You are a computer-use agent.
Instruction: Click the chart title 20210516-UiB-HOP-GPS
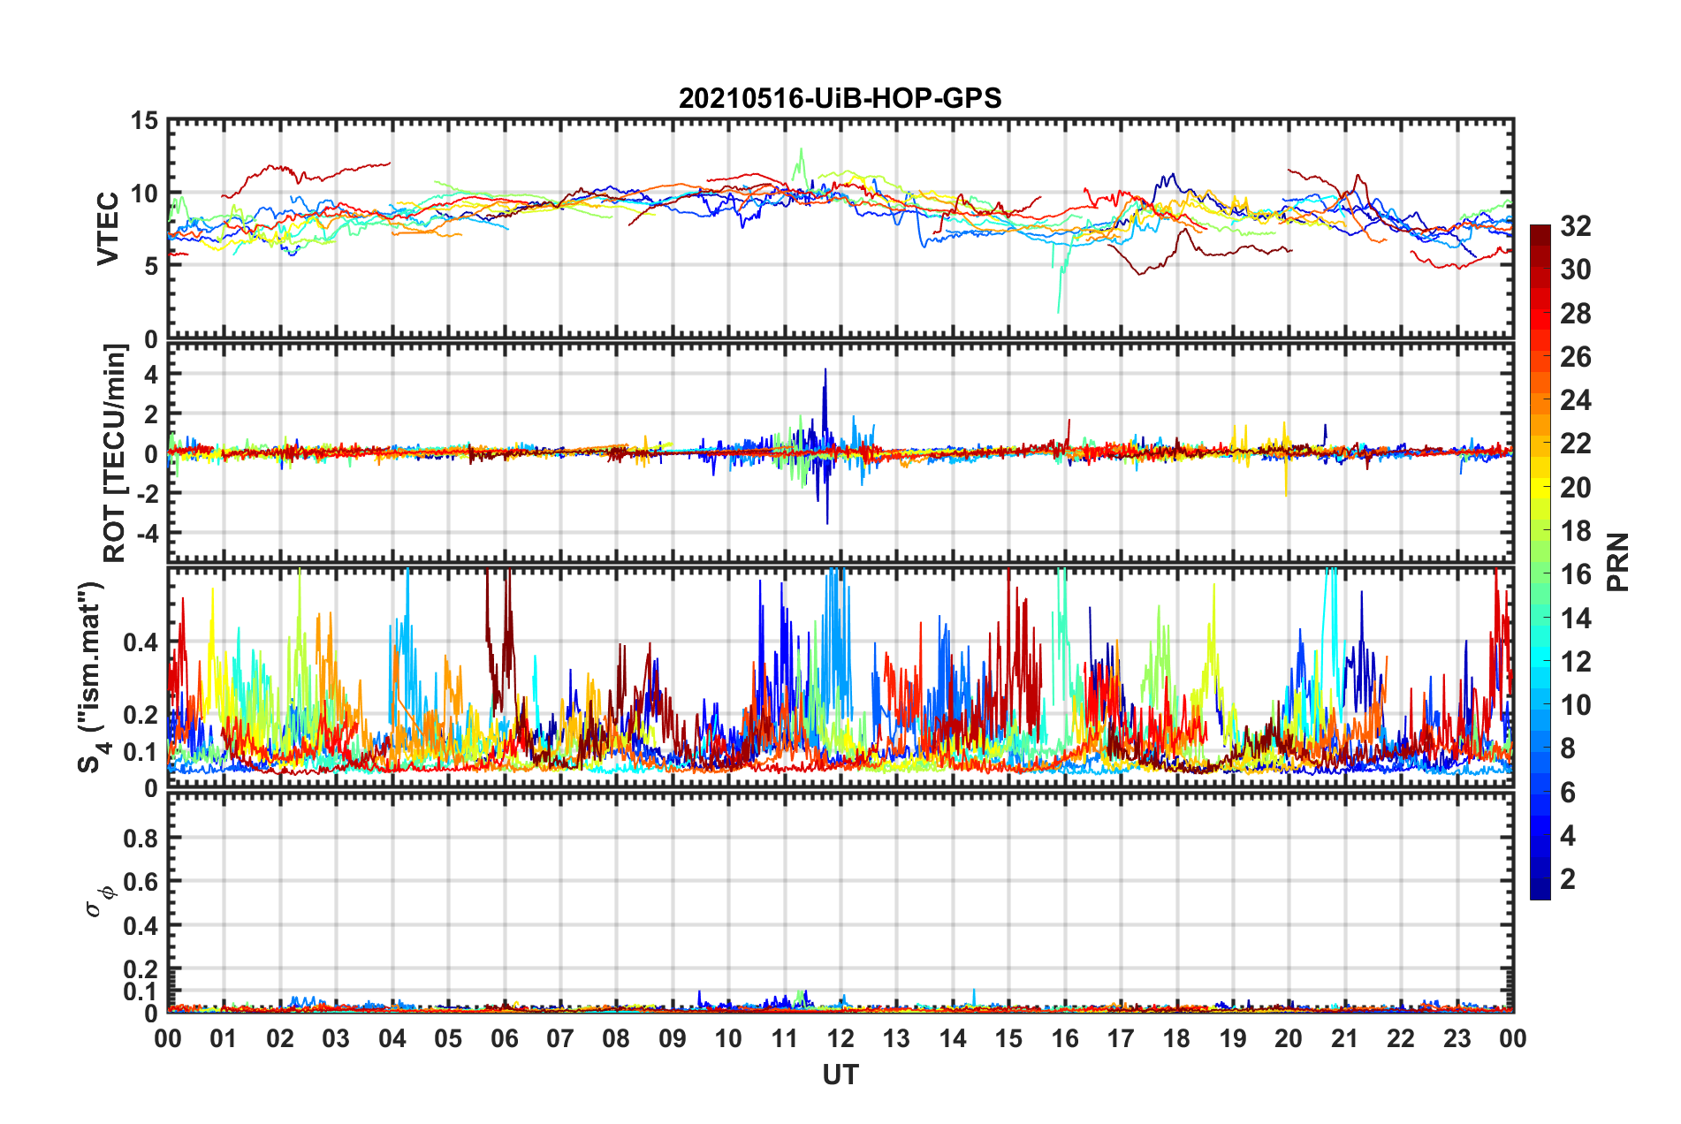tap(840, 98)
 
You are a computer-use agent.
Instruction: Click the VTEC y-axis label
tap(108, 228)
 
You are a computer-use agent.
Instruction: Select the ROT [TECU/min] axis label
tap(115, 453)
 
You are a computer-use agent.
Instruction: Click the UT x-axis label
tap(840, 1075)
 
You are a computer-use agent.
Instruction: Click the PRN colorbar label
tap(1618, 562)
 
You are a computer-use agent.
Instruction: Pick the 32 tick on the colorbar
tap(1575, 226)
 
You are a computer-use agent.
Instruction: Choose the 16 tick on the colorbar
tap(1575, 574)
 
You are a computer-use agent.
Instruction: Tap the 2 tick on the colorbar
tap(1568, 879)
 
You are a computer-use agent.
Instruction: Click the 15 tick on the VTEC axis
tap(144, 121)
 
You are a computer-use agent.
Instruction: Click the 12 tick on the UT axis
tap(840, 1038)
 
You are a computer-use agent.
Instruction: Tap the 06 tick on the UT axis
tap(504, 1038)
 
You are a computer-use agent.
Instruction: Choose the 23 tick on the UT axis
tap(1457, 1038)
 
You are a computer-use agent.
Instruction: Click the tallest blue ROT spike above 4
tap(825, 370)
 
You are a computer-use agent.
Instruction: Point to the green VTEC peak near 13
tap(802, 149)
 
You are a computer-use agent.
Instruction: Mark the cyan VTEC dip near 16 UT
tap(1059, 310)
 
